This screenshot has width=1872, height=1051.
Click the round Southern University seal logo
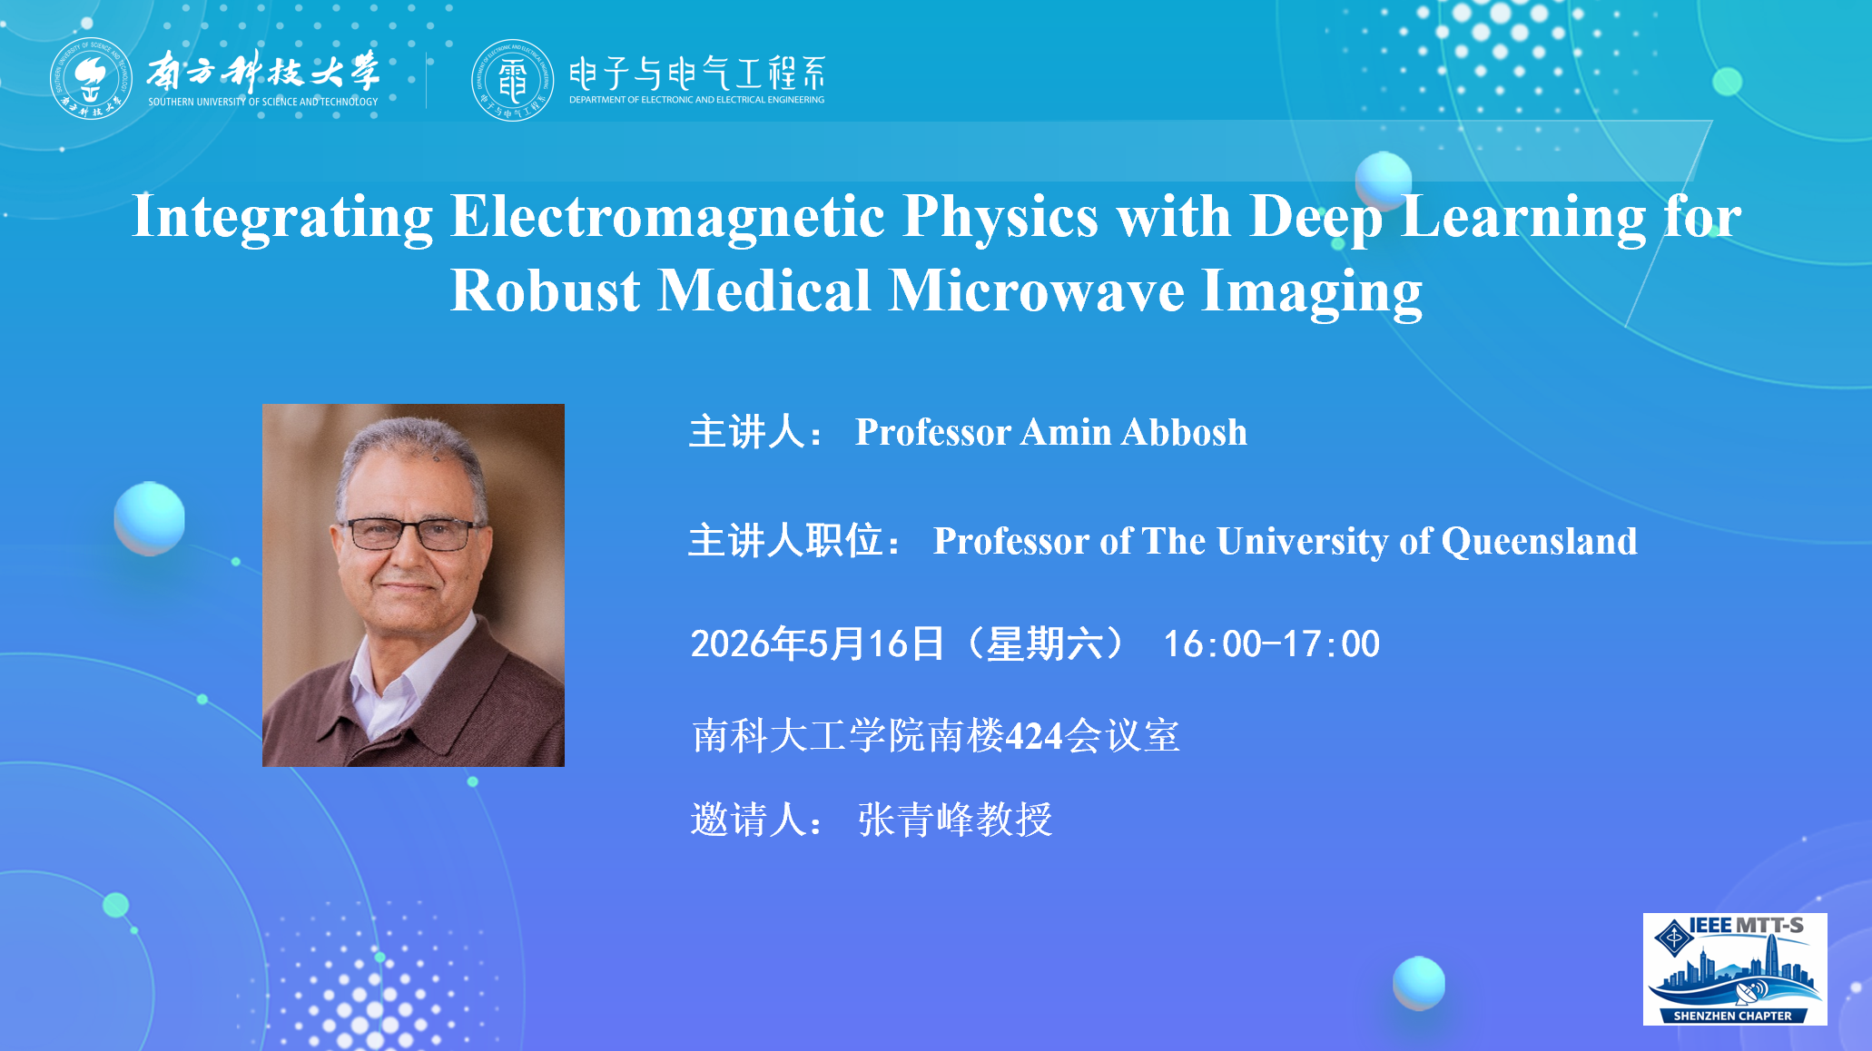tap(91, 79)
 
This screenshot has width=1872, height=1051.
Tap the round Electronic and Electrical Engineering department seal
tap(512, 80)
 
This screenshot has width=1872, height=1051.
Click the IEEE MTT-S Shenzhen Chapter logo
tap(1735, 969)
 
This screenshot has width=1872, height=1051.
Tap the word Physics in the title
tap(1000, 218)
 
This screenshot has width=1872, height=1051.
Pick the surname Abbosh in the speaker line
tap(1184, 432)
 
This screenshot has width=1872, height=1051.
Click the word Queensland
tap(1540, 542)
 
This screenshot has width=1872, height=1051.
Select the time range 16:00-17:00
tap(1271, 644)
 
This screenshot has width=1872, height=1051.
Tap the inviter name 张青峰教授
tap(955, 820)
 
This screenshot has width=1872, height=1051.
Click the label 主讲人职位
tap(785, 542)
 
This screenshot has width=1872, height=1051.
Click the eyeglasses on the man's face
tap(411, 534)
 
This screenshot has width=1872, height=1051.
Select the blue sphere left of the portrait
tap(150, 518)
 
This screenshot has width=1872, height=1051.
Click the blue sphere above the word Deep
tap(1384, 180)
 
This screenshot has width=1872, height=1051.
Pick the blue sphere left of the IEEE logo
tap(1419, 983)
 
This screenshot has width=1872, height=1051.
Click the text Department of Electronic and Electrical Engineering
tap(697, 100)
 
